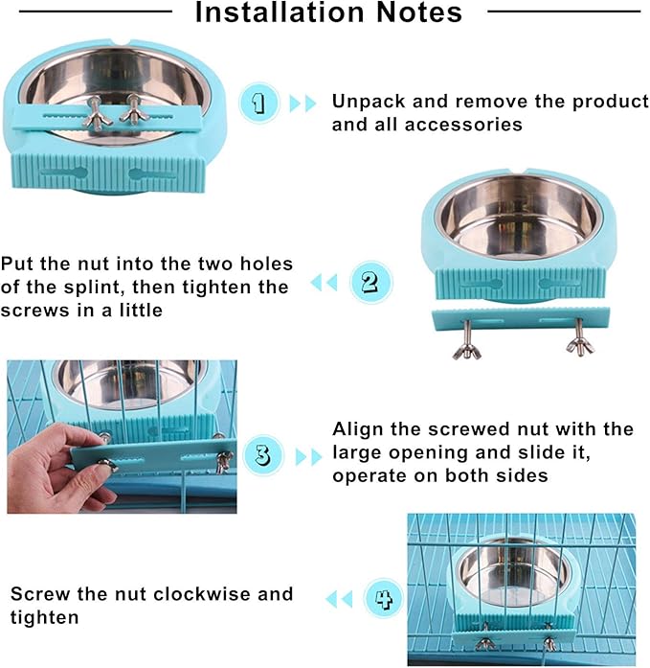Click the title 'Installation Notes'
coord(328,13)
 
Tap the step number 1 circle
coord(258,102)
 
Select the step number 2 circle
coord(370,282)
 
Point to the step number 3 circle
coord(261,455)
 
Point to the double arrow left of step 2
coord(325,283)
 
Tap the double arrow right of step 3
coord(308,456)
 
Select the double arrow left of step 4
coord(339,600)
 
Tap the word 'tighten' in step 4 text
coord(45,617)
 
